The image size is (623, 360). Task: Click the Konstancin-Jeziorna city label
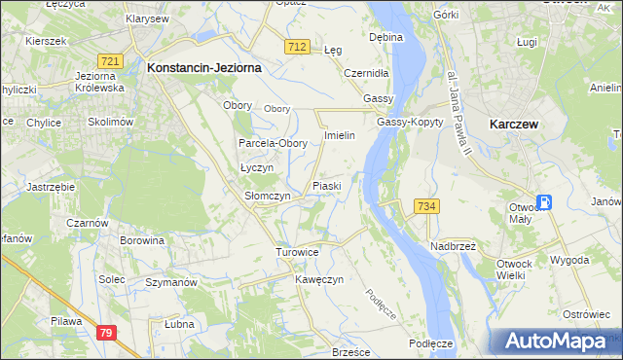[202, 68]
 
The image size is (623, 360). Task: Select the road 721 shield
[110, 61]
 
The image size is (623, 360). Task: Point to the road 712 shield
[298, 47]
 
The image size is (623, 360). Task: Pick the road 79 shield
[107, 333]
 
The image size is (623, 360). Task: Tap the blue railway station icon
[544, 202]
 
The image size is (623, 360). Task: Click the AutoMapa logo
[554, 341]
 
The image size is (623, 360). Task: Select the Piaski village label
[326, 185]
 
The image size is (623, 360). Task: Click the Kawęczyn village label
[319, 279]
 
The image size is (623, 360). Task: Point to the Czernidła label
[367, 72]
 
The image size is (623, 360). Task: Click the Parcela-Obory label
[274, 143]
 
